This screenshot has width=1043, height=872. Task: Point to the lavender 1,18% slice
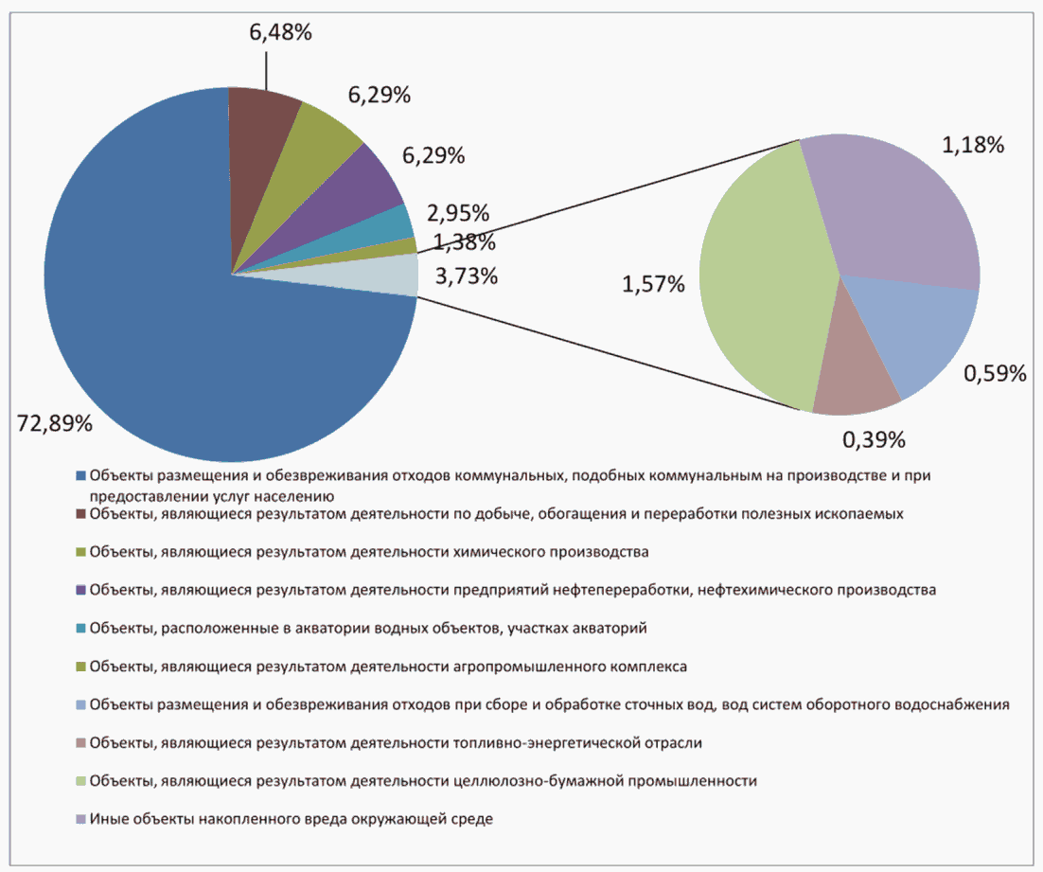click(899, 208)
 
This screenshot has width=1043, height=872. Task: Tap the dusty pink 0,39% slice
click(852, 383)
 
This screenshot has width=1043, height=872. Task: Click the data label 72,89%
click(55, 423)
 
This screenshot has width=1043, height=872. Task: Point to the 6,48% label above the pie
click(281, 33)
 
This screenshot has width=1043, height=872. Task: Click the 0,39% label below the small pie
click(873, 439)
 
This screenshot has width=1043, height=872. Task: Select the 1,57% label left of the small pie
click(653, 283)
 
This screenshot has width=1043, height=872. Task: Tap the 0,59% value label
click(995, 373)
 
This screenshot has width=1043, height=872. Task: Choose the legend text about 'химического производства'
click(368, 551)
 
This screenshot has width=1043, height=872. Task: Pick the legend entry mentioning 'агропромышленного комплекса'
click(388, 667)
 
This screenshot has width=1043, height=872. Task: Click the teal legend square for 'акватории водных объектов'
click(81, 628)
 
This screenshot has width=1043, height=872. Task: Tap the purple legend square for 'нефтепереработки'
click(81, 590)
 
